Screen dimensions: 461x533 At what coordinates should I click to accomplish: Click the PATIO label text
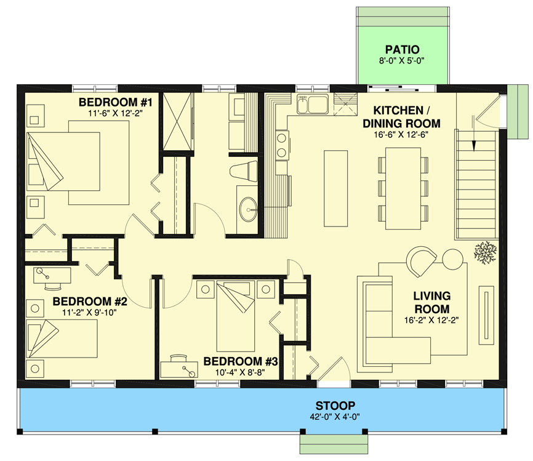coord(403,49)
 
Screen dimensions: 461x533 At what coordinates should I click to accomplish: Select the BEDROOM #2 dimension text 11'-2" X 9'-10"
coord(89,312)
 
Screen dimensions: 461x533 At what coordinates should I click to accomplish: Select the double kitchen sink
coord(312,105)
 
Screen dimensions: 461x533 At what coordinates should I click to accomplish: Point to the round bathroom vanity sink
coord(250,212)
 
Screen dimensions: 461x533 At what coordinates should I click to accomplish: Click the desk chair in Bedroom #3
coord(179,358)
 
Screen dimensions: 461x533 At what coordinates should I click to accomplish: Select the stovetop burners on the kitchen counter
coord(281,146)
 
